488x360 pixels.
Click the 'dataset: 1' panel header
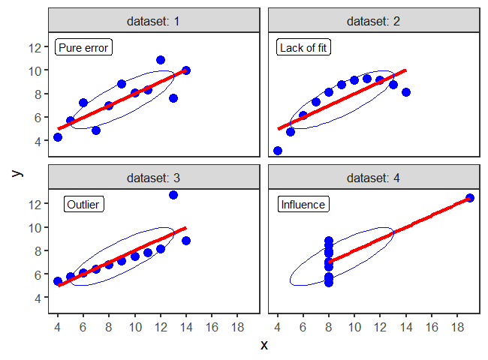pos(155,21)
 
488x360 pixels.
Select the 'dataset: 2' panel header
pos(374,21)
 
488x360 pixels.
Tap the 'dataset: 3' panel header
pos(155,178)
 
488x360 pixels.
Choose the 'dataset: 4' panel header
pos(374,178)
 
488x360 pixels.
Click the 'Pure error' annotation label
pos(83,48)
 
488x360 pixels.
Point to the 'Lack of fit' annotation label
pos(303,48)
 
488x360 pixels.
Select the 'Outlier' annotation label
pos(83,204)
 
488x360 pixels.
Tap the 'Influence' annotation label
pos(303,204)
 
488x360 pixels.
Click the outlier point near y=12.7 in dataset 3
pos(173,195)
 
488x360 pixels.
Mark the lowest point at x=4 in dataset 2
pos(278,151)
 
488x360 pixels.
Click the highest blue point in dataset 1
pos(161,60)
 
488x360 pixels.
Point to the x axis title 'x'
pos(264,345)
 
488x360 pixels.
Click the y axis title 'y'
pos(17,172)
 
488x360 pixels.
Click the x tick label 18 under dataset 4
pos(457,327)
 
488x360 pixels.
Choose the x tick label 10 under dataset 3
pos(135,327)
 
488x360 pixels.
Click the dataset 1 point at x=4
pos(58,137)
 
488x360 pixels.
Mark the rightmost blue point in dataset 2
pos(406,92)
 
